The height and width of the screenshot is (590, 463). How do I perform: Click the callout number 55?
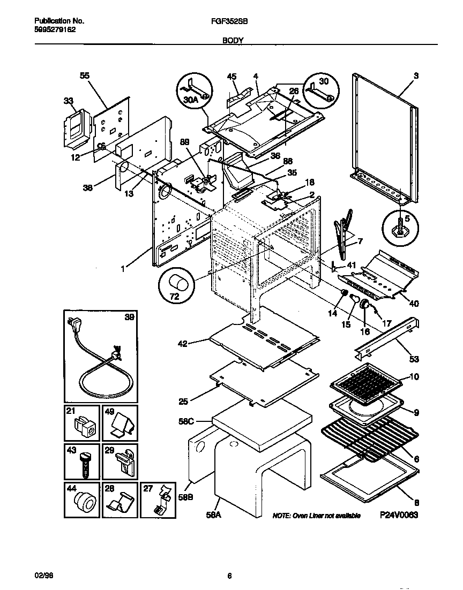click(85, 77)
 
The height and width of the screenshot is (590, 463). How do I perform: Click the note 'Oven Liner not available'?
click(316, 516)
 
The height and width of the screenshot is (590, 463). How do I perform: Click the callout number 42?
click(183, 344)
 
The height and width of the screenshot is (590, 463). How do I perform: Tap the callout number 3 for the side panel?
click(415, 76)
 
